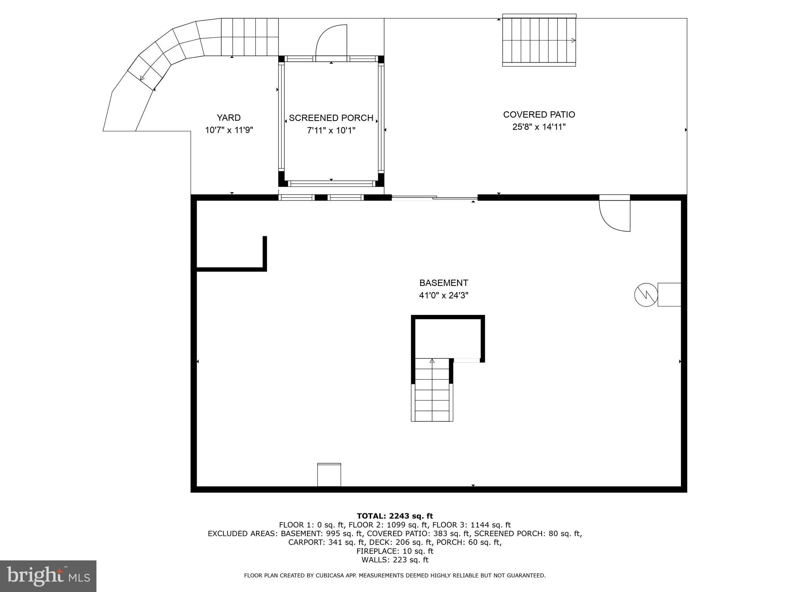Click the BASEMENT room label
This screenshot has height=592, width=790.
point(444,283)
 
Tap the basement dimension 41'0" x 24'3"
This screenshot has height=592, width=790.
point(444,296)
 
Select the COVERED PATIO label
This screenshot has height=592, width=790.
point(539,114)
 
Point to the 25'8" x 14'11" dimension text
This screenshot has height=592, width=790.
point(539,127)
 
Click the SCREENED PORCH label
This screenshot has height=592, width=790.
point(331,118)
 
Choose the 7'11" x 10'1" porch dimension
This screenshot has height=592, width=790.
point(331,131)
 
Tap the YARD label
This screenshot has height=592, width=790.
point(228,118)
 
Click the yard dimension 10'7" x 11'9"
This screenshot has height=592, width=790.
point(229,130)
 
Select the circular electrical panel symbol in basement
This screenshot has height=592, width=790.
point(646,295)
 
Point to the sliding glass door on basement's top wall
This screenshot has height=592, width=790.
point(434,198)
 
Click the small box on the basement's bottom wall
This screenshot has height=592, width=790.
point(329,475)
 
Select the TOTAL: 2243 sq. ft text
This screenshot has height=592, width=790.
point(395,516)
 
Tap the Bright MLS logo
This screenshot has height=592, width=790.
point(48,576)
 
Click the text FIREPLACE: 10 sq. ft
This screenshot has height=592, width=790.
point(395,551)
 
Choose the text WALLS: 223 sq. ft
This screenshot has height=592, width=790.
point(395,560)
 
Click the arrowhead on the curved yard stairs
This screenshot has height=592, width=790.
point(142,78)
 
